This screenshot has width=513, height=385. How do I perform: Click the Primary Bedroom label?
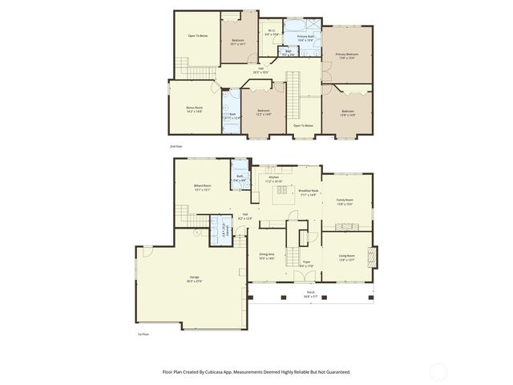[346, 55]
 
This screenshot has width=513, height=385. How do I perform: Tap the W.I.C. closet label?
[271, 32]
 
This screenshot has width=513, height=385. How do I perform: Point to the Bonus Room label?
[194, 108]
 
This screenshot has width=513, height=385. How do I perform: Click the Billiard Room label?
[202, 187]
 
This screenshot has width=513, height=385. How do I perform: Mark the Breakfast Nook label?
[309, 192]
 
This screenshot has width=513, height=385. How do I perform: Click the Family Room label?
[344, 201]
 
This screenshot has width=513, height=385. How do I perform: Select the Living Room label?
[347, 257]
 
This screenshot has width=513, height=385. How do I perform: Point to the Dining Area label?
[267, 256]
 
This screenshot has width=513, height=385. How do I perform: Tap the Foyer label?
[306, 263]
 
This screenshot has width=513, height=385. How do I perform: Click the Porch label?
[310, 294]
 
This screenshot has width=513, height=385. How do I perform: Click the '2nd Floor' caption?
[176, 147]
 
